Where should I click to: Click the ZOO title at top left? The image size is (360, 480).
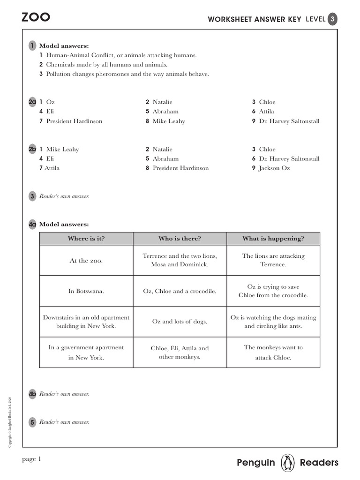coord(36,18)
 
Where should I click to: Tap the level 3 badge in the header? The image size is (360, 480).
coord(332,19)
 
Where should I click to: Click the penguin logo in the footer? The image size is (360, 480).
coord(287,463)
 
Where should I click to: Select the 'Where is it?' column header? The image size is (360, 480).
coord(86,239)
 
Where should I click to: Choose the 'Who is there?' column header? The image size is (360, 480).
coord(180,239)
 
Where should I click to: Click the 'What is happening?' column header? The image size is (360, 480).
coord(273,239)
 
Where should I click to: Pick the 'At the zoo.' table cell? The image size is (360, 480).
coord(86,261)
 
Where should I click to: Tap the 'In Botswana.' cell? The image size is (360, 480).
coord(86,291)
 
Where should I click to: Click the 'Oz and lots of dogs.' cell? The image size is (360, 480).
coord(180,322)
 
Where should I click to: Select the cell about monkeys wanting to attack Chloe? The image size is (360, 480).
coord(273,352)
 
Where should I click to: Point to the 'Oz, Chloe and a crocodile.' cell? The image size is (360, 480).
coord(180,291)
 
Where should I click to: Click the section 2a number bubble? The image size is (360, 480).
coord(32,102)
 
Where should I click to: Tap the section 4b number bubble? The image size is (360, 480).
coord(32,394)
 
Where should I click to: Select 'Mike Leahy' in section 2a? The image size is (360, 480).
coord(169,121)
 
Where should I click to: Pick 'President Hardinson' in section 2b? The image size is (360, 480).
coord(180,168)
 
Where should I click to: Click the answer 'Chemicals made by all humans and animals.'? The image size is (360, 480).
coord(106,65)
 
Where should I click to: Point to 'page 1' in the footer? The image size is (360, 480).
coord(32,459)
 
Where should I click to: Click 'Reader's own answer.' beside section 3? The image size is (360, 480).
coord(64,196)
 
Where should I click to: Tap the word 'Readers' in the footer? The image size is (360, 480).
coord(319,463)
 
